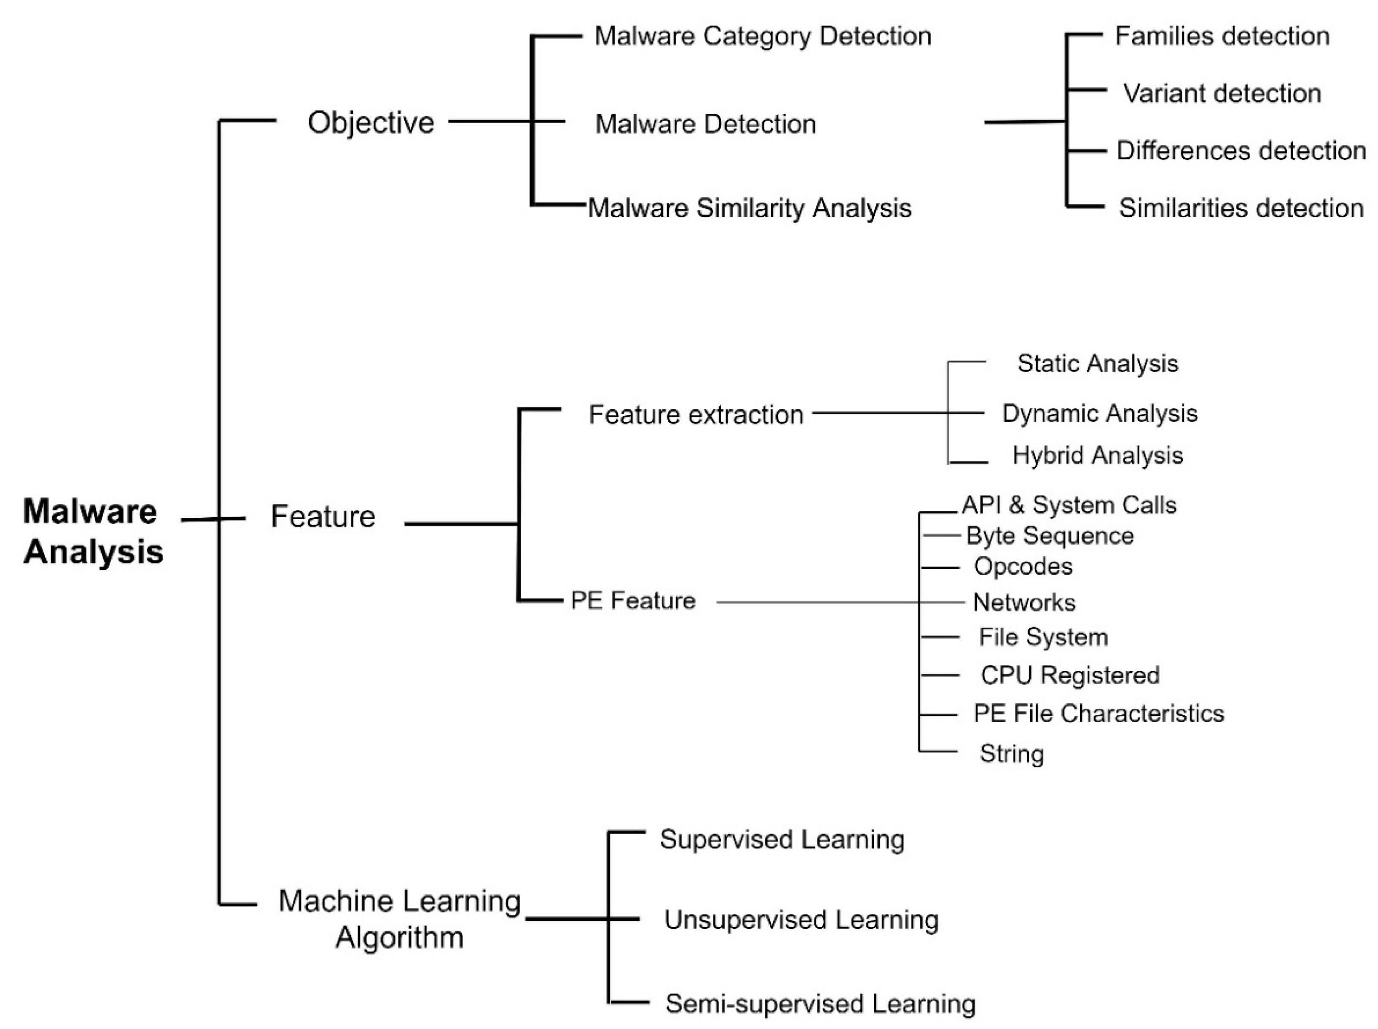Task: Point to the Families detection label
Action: pyautogui.click(x=1222, y=36)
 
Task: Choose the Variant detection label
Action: pyautogui.click(x=1222, y=93)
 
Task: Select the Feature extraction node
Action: pyautogui.click(x=696, y=414)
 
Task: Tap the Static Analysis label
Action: pyautogui.click(x=1097, y=363)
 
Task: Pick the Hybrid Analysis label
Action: pyautogui.click(x=1097, y=455)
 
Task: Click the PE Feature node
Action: pyautogui.click(x=633, y=601)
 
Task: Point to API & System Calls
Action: pyautogui.click(x=1069, y=505)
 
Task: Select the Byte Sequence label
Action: pyautogui.click(x=1049, y=536)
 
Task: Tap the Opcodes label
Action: pyautogui.click(x=1023, y=566)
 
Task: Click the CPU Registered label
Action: pyautogui.click(x=1069, y=675)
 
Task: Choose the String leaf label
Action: pyautogui.click(x=1011, y=753)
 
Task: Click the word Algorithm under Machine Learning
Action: pyautogui.click(x=399, y=937)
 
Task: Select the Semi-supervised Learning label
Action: pyautogui.click(x=820, y=1003)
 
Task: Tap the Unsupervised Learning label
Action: pyautogui.click(x=801, y=919)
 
